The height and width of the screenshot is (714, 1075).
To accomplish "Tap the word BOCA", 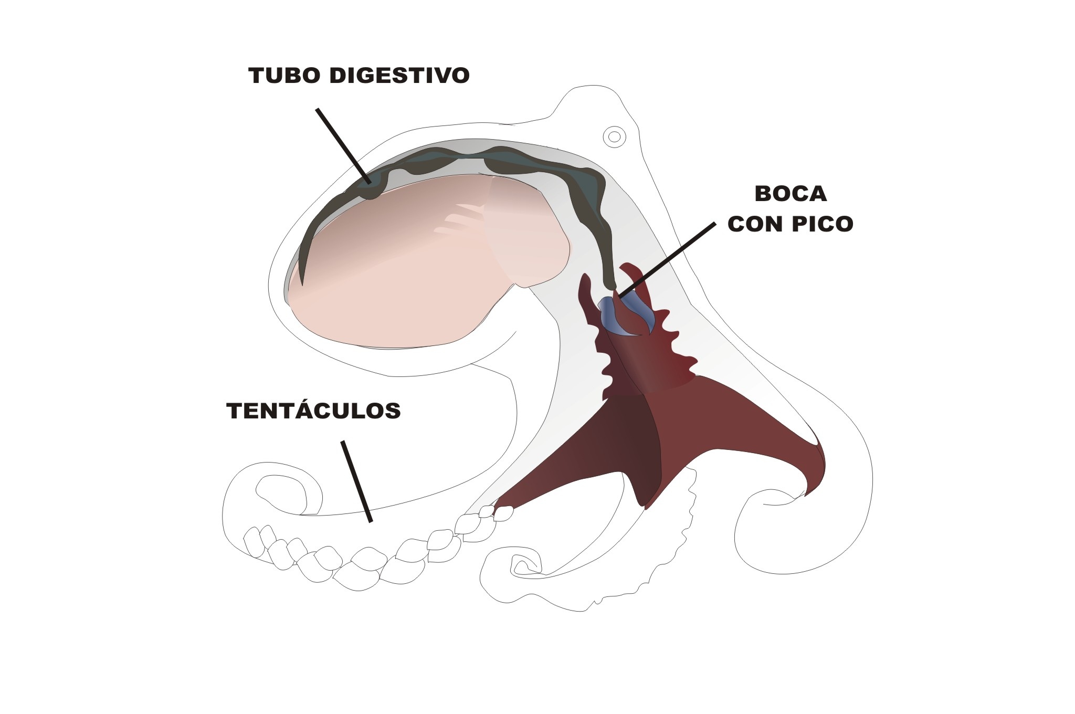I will (x=791, y=194).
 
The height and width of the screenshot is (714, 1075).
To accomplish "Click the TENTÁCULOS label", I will (x=313, y=411).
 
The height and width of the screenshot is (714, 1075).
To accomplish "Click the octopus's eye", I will (x=614, y=137).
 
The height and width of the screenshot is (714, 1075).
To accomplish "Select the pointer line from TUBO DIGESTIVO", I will (x=344, y=145).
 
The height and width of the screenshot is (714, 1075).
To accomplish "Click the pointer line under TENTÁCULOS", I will (x=357, y=481).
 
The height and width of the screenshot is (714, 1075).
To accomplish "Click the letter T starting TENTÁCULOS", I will (x=234, y=411).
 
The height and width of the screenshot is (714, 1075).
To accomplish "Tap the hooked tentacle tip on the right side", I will (x=777, y=499).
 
